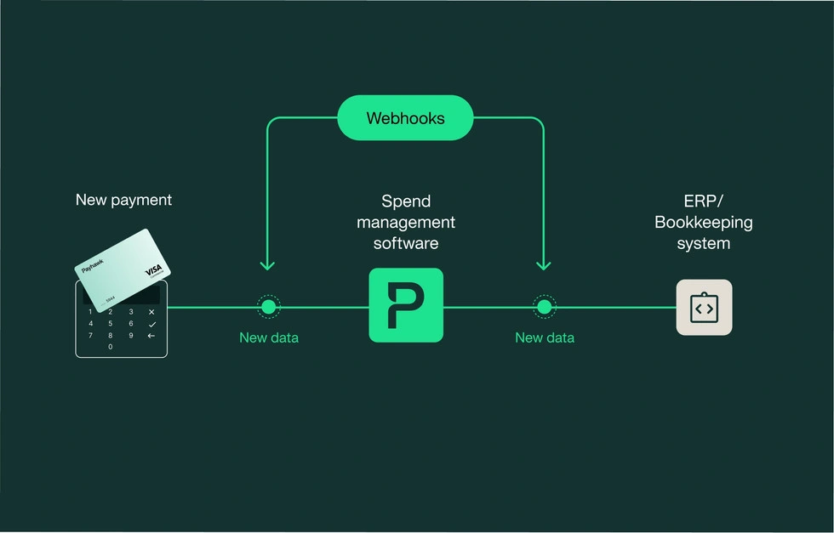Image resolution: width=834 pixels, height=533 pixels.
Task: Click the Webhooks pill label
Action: [405, 118]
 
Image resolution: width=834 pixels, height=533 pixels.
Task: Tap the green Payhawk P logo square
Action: [406, 305]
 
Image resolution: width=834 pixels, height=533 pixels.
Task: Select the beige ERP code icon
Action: [704, 308]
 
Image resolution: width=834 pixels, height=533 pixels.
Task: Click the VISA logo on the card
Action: [153, 270]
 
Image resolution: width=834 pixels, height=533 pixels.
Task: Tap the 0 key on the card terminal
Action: [110, 347]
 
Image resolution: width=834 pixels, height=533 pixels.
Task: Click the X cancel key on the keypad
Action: [151, 312]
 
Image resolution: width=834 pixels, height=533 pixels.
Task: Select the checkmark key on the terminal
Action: [151, 324]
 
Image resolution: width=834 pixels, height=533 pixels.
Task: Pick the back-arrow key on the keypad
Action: [151, 336]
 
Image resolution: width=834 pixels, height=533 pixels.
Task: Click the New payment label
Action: [123, 201]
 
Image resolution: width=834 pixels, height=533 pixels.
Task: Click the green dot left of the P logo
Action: [268, 307]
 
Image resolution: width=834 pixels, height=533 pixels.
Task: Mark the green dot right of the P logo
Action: [544, 307]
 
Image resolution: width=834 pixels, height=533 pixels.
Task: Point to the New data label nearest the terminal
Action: [269, 338]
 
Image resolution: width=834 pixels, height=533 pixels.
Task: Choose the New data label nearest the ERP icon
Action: [545, 338]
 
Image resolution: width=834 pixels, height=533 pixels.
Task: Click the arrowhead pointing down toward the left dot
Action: [267, 266]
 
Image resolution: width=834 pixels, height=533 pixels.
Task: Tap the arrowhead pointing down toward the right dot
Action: [544, 266]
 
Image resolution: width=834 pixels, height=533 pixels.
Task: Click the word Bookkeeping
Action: [704, 223]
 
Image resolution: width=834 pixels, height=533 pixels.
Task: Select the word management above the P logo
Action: [406, 223]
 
